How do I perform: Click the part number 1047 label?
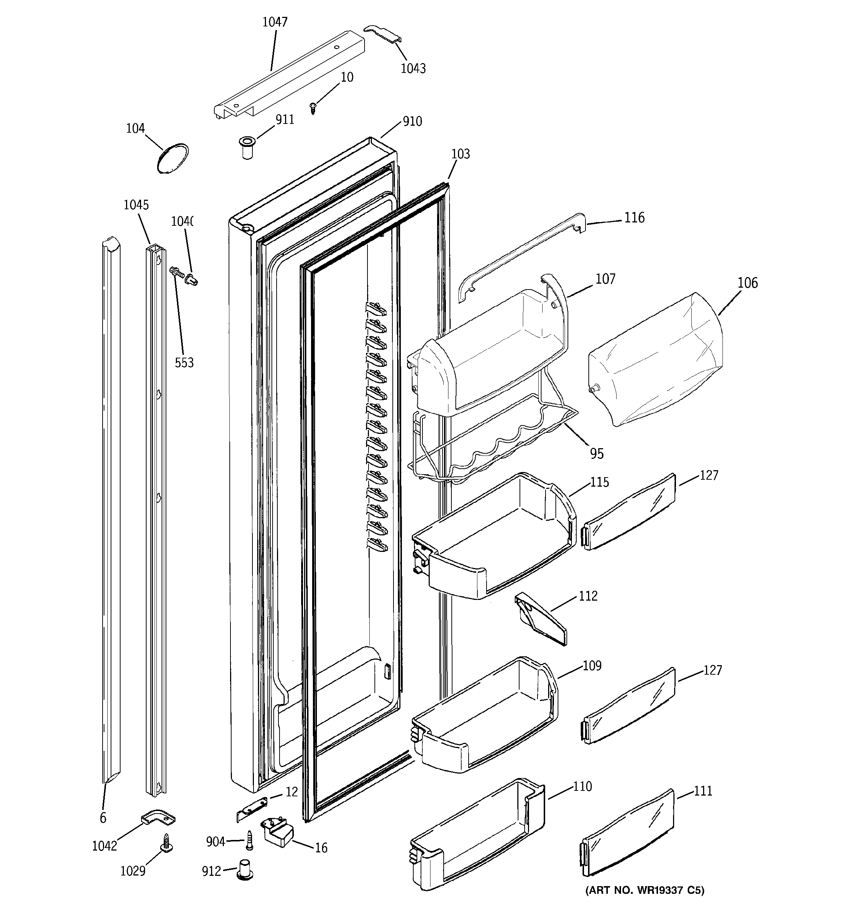click(x=275, y=22)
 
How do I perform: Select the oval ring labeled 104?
click(x=173, y=158)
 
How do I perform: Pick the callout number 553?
click(x=184, y=363)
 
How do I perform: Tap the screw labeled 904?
click(x=249, y=840)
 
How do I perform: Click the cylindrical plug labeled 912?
click(x=245, y=870)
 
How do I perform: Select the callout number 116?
click(x=634, y=218)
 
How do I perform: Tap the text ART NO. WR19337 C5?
click(x=645, y=890)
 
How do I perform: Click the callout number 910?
click(x=412, y=121)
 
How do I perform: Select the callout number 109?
click(x=592, y=665)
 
